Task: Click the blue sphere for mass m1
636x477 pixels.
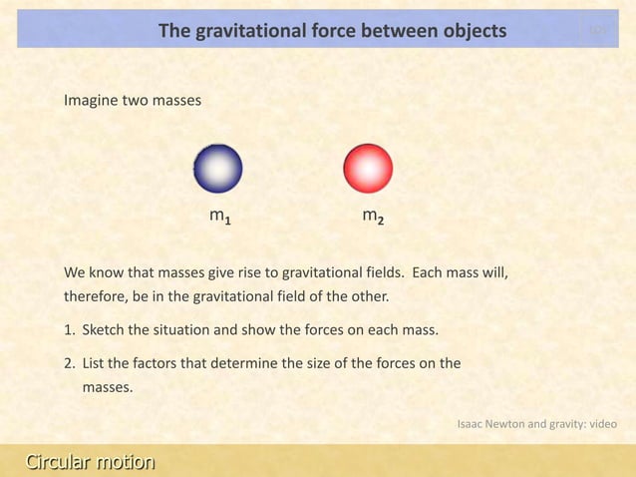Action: click(217, 169)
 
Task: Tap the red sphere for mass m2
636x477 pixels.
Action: click(369, 169)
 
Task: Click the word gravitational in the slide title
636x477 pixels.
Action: click(247, 31)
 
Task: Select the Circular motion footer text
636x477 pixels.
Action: click(90, 462)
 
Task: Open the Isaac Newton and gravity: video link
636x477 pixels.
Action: click(536, 423)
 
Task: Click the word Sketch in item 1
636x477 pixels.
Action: click(104, 330)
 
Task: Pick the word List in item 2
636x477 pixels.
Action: click(94, 362)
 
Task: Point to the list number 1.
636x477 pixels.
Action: click(68, 330)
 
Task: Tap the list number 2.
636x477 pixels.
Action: click(68, 362)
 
